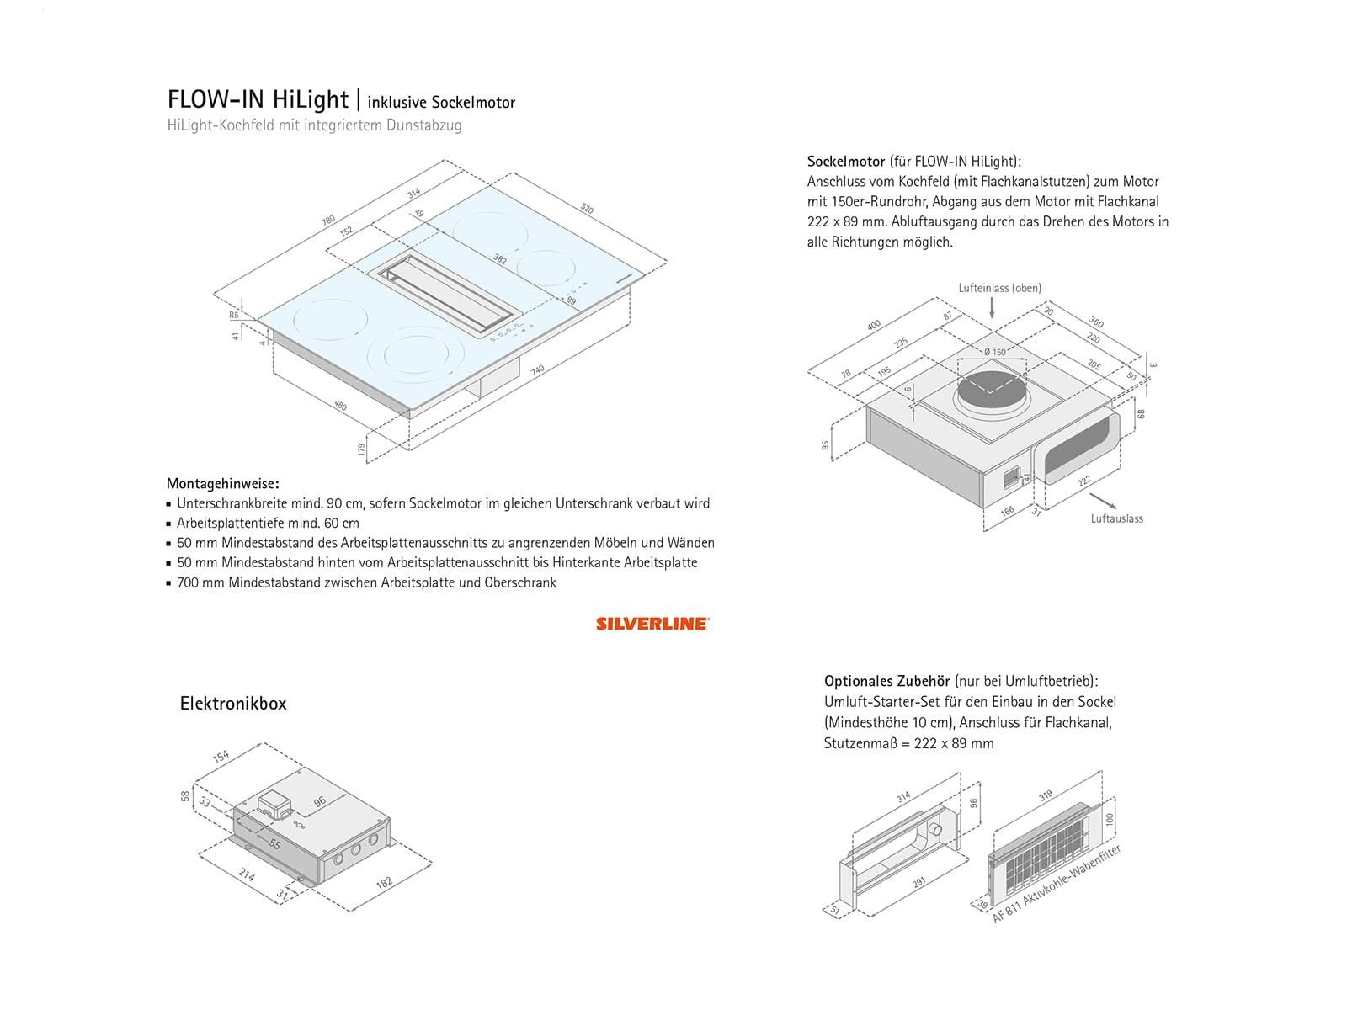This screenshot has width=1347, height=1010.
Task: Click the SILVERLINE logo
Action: coord(652,624)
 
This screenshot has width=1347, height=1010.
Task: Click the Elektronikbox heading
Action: coord(233,704)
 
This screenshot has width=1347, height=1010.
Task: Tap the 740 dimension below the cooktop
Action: coord(537,369)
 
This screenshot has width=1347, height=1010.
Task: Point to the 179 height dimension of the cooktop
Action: coord(361,449)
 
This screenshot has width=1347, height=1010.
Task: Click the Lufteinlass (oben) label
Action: coord(999,288)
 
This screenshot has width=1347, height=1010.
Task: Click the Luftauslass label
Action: coord(1116,518)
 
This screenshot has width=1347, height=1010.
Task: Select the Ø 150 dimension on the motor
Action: coord(994,352)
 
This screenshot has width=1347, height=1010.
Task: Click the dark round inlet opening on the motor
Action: coord(993,392)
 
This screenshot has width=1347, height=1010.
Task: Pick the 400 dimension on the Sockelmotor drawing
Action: coord(873,325)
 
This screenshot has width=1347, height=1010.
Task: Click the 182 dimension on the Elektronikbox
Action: coord(383,883)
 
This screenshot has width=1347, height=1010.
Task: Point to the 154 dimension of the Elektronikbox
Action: coord(221,756)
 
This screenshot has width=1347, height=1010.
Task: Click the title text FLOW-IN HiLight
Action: coord(258,99)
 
